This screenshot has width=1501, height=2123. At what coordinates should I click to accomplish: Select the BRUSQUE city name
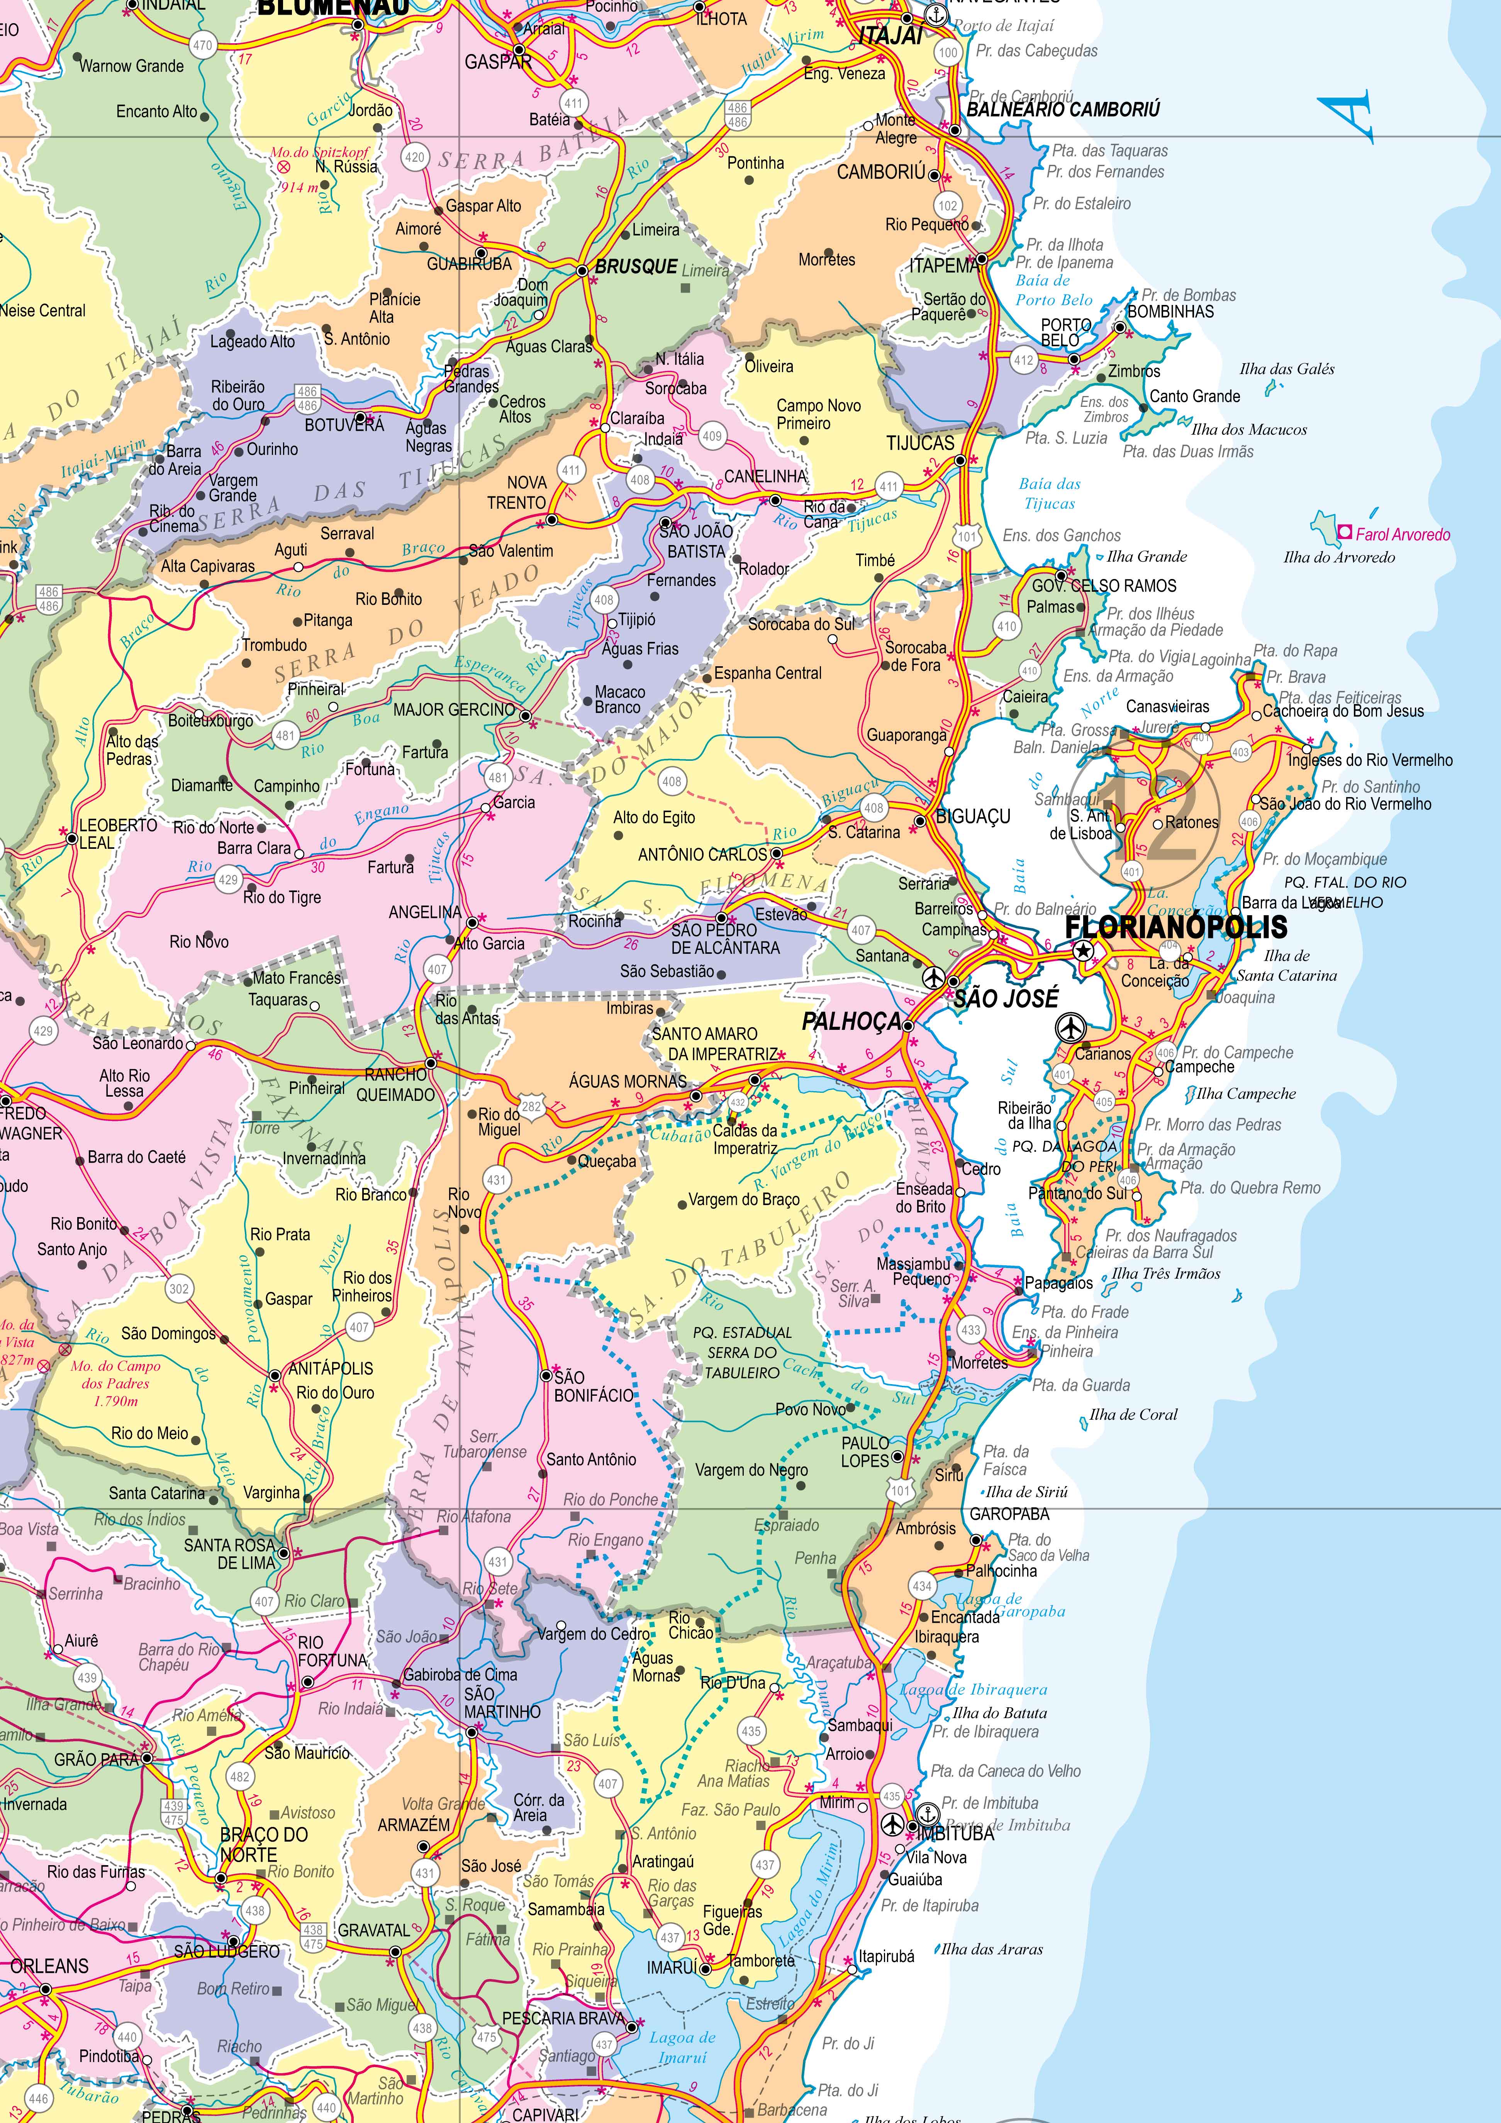(636, 266)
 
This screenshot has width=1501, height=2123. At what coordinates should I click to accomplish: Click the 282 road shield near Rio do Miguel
(531, 1106)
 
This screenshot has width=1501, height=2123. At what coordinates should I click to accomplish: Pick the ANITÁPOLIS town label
(331, 1368)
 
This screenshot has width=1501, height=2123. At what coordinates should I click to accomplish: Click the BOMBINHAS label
(1170, 312)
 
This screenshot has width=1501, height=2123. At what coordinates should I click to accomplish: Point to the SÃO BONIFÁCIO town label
(594, 1386)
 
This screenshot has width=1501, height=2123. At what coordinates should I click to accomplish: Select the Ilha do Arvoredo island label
(1338, 557)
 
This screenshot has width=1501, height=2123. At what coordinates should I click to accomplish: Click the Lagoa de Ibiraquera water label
(973, 1690)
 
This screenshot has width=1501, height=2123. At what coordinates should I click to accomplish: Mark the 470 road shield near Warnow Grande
(202, 44)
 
